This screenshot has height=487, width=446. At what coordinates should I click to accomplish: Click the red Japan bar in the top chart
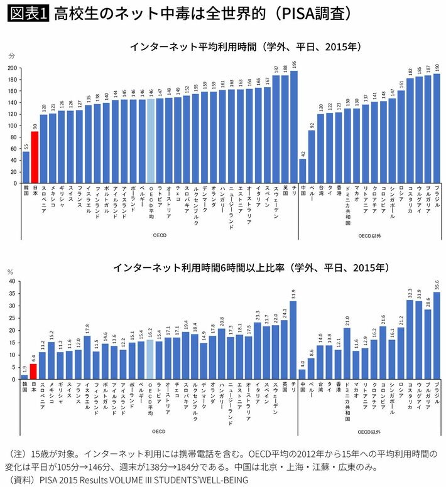tap(35, 158)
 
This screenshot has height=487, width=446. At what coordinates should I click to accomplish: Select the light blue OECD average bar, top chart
tap(151, 141)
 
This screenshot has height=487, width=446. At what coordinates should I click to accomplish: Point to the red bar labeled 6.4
tap(35, 372)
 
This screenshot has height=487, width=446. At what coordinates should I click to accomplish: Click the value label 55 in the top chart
tap(26, 146)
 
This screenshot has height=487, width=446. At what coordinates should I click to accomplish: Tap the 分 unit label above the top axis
tap(11, 56)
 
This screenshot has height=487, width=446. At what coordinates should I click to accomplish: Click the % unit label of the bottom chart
tap(10, 272)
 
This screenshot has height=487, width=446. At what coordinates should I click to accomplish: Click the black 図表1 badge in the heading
tap(28, 14)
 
